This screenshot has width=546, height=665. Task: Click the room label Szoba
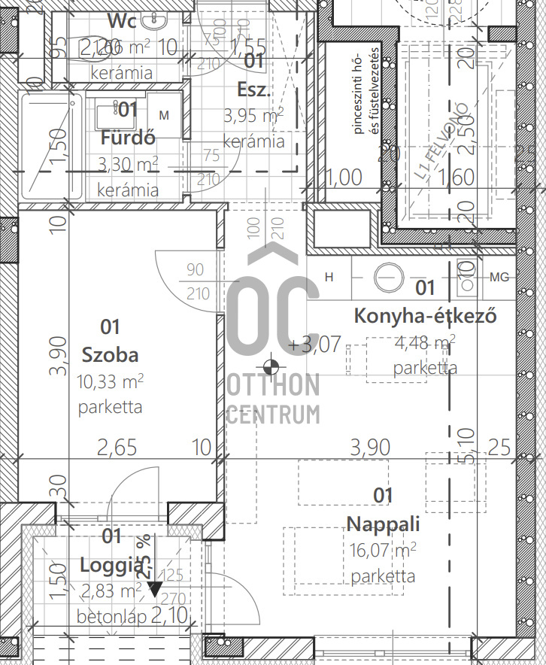(x=110, y=354)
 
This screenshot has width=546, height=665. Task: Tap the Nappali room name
(x=383, y=524)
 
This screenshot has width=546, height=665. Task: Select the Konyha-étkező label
(x=425, y=315)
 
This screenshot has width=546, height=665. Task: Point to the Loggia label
(x=111, y=564)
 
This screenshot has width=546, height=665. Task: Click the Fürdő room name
(x=128, y=138)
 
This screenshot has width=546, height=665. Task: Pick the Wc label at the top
(x=122, y=20)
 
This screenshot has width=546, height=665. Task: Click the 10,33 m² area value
(x=110, y=381)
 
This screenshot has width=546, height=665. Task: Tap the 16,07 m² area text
(x=383, y=550)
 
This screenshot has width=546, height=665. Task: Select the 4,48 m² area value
(x=425, y=344)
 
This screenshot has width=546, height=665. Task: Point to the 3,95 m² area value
(x=253, y=116)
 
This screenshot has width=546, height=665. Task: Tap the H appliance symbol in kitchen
(x=329, y=277)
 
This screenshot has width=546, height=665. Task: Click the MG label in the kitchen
(x=499, y=278)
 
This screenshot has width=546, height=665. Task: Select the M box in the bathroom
(x=164, y=114)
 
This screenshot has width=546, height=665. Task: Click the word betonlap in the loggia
(x=111, y=618)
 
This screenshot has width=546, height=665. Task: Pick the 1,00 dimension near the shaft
(x=345, y=178)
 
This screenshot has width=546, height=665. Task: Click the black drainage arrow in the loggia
(x=154, y=589)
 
